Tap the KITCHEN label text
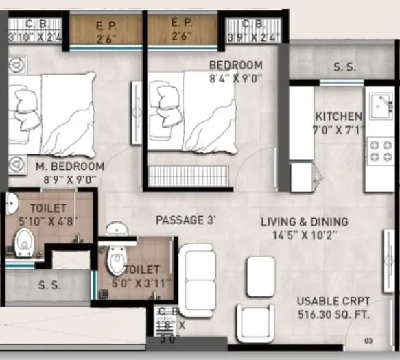[338, 116]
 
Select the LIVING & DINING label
[305, 221]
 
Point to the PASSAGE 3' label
[186, 220]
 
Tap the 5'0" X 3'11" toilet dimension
[143, 283]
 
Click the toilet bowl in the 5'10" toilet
[25, 240]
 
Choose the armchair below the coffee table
[255, 322]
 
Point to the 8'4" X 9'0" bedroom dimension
[235, 77]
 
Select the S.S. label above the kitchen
[344, 67]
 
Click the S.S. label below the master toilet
[47, 285]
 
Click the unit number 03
[368, 340]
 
